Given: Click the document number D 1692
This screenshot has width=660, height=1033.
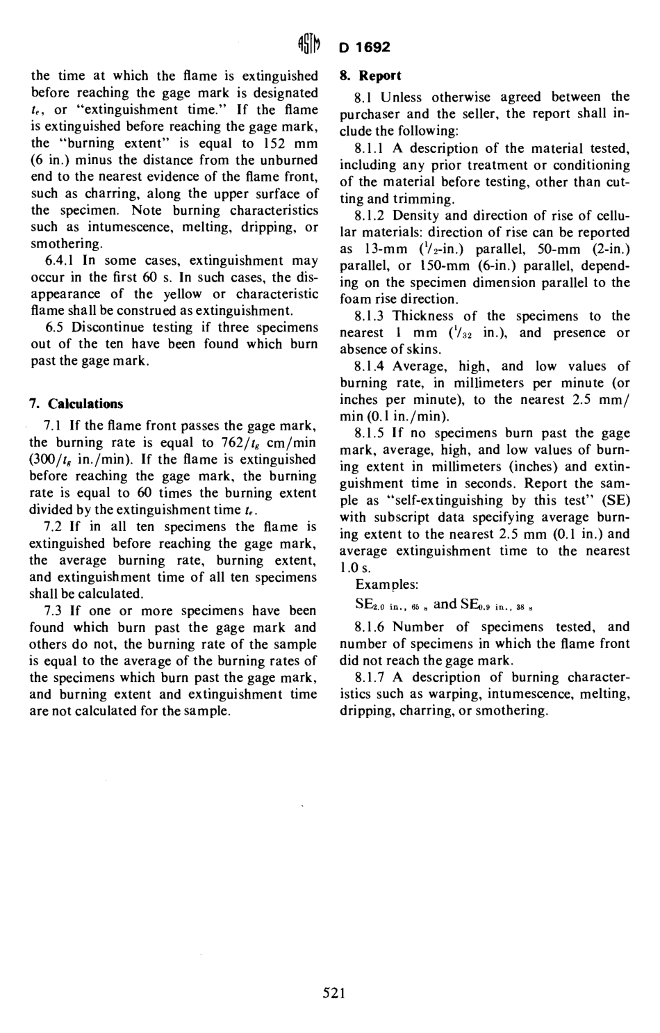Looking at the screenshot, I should [365, 47].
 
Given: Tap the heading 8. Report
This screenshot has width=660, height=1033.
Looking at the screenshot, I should [370, 76].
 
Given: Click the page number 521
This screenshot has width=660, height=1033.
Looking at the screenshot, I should [334, 993].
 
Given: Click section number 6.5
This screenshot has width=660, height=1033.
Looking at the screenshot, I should [55, 327].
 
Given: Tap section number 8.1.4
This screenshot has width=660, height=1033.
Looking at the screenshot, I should [370, 366].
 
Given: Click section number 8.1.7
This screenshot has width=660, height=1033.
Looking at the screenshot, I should [370, 678].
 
